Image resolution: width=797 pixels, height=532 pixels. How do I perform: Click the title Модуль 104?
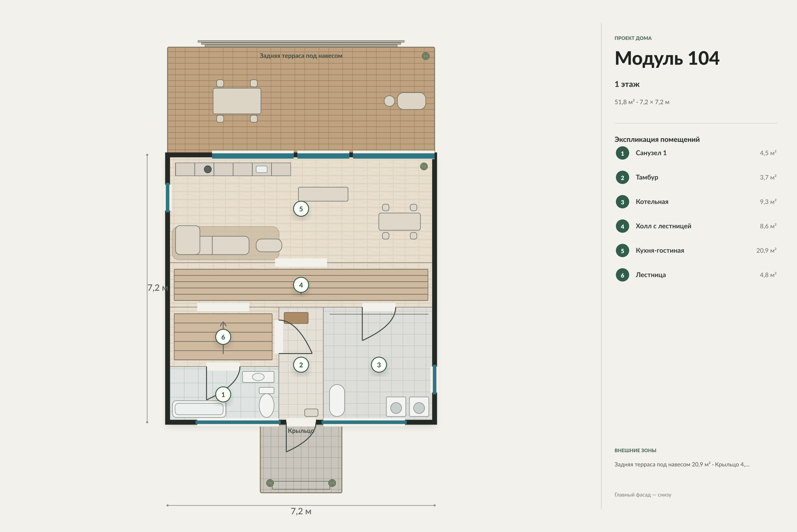tap(667, 58)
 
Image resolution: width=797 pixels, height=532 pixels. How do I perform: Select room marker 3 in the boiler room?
tap(379, 365)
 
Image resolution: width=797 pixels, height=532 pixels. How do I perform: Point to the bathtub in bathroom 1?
tap(199, 409)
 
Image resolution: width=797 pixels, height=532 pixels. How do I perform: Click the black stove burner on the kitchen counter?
tap(208, 169)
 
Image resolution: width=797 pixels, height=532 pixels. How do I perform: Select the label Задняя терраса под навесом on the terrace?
tap(301, 56)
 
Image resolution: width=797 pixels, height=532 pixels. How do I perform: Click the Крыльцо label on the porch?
tap(301, 431)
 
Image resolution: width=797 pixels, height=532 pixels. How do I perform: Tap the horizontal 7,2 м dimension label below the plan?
tap(301, 511)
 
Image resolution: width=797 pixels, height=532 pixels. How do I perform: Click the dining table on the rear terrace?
tap(237, 101)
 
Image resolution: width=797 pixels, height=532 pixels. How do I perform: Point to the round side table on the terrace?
tap(389, 101)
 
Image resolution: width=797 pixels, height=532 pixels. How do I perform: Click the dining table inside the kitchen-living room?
tap(400, 221)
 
